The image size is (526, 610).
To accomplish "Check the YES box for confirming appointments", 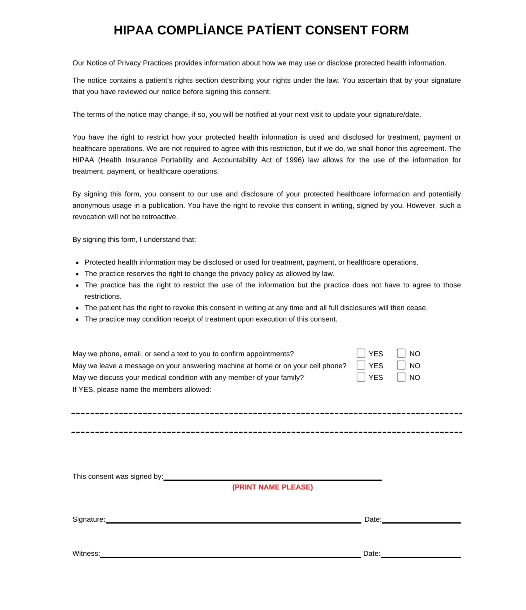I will pos(361,353).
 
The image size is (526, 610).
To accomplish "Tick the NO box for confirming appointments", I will pos(401,353).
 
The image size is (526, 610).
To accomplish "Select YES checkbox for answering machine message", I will pos(361,365).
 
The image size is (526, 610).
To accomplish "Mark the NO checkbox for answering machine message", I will pos(401,365).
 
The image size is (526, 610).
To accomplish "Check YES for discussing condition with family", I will pos(361,377).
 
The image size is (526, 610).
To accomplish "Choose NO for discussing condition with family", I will pos(401,377).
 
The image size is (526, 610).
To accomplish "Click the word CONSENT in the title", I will pos(336,30).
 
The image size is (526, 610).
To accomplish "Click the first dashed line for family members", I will pos(266,413).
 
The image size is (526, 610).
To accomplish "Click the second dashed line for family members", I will pos(266,432).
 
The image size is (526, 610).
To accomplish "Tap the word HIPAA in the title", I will pos(133,30).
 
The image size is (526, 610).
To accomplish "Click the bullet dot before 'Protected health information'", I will pos(77,263).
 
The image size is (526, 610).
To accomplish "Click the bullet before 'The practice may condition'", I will pos(77,320).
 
